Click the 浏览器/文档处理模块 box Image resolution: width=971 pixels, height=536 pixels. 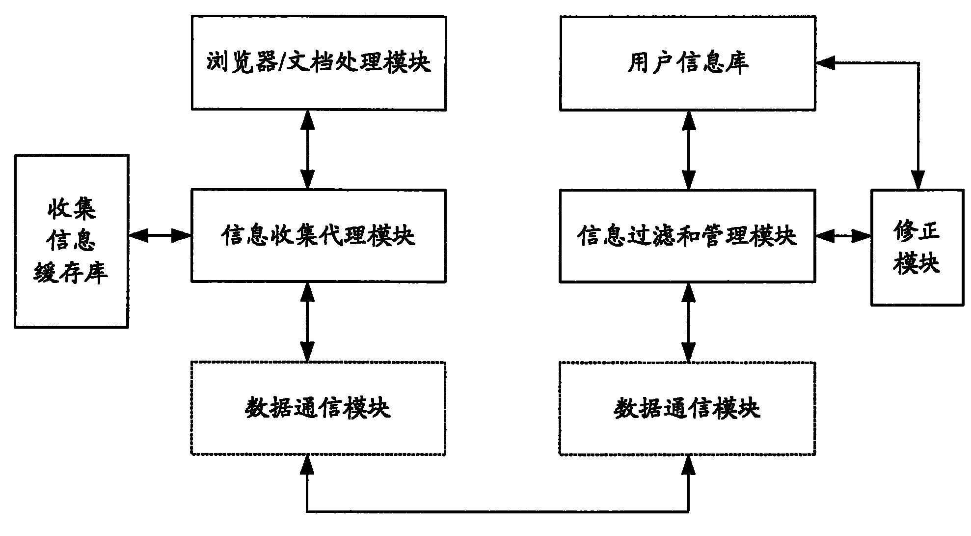[319, 63]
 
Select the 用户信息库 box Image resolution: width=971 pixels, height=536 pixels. [688, 63]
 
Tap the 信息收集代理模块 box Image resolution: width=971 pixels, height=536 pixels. [319, 235]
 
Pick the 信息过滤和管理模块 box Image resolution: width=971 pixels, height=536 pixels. [688, 235]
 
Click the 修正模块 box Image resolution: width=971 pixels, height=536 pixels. [917, 247]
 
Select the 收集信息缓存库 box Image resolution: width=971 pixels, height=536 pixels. [71, 241]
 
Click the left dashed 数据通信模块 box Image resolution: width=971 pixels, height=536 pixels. [318, 408]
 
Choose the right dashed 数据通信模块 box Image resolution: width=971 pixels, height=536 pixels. [687, 408]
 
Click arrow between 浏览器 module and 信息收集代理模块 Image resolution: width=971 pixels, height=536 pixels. [307, 149]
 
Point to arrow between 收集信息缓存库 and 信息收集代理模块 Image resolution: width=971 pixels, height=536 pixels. [160, 236]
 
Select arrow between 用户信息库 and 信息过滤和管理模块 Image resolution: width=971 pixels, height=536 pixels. [689, 149]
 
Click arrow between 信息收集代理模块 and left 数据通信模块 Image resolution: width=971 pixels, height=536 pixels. [307, 322]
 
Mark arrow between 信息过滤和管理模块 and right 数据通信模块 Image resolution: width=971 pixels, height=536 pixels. [689, 322]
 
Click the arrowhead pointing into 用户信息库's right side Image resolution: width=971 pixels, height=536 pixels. [825, 62]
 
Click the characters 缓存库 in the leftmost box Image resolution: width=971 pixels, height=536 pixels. [71, 273]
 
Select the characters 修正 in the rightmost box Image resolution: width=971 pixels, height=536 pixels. [917, 230]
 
